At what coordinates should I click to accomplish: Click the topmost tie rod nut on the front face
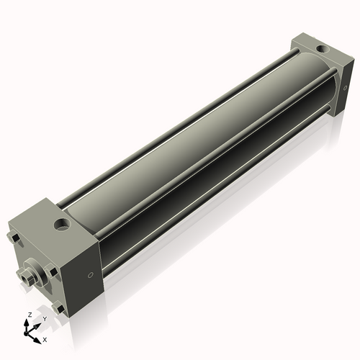click(x=13, y=237)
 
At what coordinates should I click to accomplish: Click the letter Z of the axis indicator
click(x=28, y=315)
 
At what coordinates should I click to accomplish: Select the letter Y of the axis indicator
click(x=44, y=318)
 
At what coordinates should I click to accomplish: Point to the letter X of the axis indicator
click(x=45, y=338)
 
